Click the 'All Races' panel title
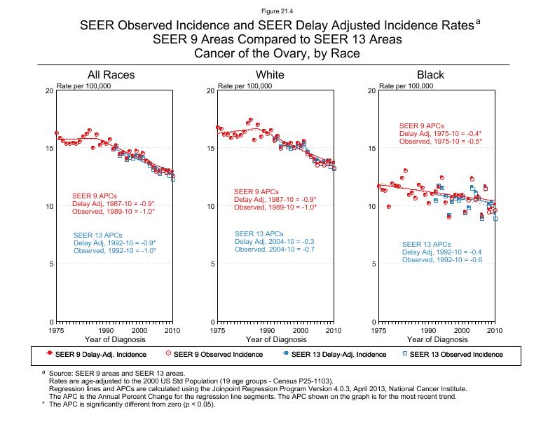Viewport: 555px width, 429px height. click(x=111, y=75)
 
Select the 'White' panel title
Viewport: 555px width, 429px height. click(x=270, y=75)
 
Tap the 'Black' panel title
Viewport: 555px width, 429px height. click(x=430, y=75)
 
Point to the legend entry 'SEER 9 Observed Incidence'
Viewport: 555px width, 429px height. click(x=217, y=355)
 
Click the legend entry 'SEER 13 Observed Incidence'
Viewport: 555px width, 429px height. click(x=455, y=355)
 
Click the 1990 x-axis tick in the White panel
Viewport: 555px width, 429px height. click(x=268, y=329)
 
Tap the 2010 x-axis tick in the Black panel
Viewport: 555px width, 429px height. click(x=494, y=329)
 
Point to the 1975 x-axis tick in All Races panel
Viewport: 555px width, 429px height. click(x=57, y=329)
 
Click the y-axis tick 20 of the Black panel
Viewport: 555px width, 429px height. click(x=371, y=91)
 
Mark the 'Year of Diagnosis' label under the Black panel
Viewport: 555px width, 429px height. click(x=435, y=339)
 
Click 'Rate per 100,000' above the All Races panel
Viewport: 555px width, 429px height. click(x=84, y=86)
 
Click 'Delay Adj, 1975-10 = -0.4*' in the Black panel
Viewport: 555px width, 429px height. click(x=440, y=134)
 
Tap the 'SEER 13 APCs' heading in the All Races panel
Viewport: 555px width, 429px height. click(x=98, y=235)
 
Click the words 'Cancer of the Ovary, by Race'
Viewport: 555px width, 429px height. click(x=277, y=53)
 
